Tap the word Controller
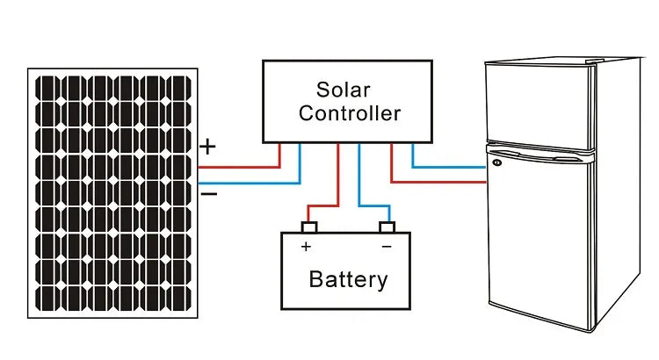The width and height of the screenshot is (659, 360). point(349,113)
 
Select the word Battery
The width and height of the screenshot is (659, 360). point(348,280)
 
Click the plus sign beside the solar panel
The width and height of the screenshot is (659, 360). point(207,147)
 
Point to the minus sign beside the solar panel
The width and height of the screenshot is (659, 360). point(209,193)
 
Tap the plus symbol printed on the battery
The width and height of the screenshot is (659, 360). point(306,248)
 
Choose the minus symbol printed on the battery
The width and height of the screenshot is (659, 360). point(387,248)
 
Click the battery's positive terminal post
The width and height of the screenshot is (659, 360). point(308,228)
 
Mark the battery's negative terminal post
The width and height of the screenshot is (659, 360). point(387,228)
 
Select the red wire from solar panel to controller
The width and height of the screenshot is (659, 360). point(246,166)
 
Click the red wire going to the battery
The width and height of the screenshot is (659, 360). point(338,176)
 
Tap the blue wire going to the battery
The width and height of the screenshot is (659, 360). point(359,176)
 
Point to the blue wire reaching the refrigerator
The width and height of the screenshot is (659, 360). point(448,166)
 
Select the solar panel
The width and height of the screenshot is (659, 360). point(114,195)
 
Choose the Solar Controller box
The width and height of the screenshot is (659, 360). point(348,101)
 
